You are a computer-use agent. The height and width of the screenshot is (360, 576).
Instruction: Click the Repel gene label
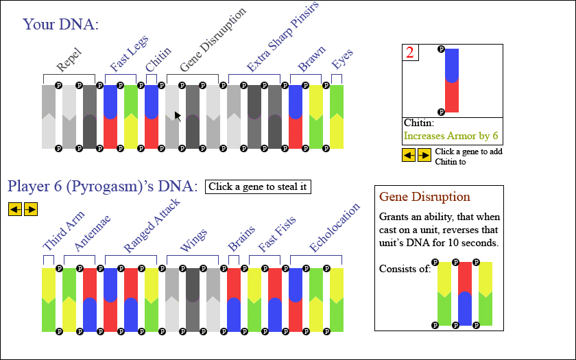(x=69, y=60)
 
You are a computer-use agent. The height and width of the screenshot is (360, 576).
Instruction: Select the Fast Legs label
(x=129, y=53)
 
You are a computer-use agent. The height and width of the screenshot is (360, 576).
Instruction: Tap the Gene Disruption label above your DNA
(x=213, y=39)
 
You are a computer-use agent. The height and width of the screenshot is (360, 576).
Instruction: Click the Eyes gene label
(x=342, y=58)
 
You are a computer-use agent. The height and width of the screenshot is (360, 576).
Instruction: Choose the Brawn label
(x=311, y=58)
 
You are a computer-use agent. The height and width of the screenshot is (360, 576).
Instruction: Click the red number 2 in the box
(x=410, y=52)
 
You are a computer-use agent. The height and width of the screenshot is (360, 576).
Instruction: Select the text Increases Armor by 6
(x=451, y=136)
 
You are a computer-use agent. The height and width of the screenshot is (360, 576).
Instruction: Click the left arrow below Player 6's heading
(x=15, y=209)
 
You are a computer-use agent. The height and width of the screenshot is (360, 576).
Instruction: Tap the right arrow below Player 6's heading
(x=31, y=209)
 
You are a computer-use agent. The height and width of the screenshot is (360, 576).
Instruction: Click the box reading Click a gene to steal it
(x=258, y=187)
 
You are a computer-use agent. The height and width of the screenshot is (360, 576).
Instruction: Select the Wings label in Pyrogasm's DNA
(x=193, y=240)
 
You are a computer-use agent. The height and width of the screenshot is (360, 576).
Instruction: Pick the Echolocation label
(x=335, y=228)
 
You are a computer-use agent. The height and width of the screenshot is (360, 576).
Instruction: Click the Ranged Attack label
(x=152, y=225)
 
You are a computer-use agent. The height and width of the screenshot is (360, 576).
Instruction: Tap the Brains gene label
(x=241, y=238)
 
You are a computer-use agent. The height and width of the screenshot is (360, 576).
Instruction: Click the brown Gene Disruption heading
(x=424, y=197)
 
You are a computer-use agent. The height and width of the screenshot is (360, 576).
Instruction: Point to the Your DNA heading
(x=60, y=24)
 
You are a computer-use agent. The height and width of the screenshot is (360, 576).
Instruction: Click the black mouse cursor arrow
(x=178, y=117)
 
